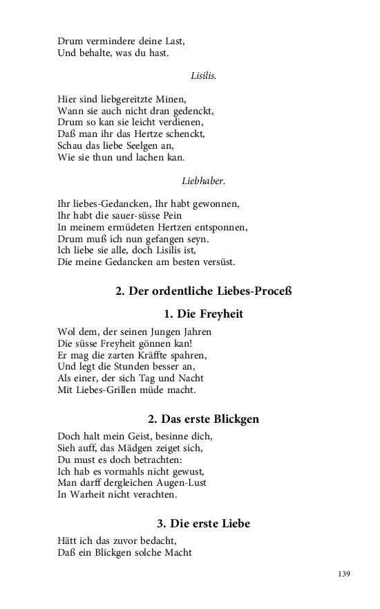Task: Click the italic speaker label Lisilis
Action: pyautogui.click(x=203, y=75)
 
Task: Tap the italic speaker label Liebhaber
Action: pyautogui.click(x=203, y=181)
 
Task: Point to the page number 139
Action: pyautogui.click(x=345, y=574)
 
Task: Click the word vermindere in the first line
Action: pyautogui.click(x=107, y=41)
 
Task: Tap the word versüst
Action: pyautogui.click(x=217, y=262)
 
